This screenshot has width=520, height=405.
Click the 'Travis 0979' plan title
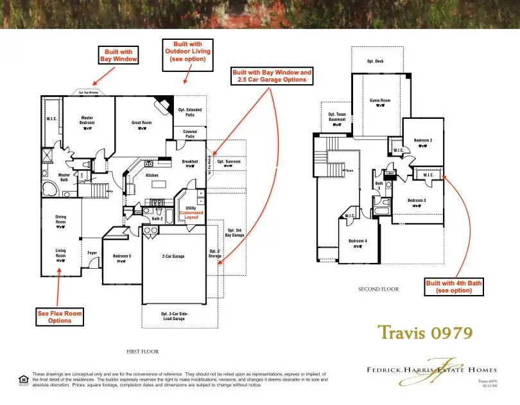click(x=425, y=332)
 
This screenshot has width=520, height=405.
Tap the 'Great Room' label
click(x=141, y=122)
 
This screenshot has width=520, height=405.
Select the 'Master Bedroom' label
click(x=87, y=121)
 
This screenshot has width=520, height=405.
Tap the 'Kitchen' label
click(x=152, y=175)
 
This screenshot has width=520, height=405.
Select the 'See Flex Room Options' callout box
click(x=60, y=316)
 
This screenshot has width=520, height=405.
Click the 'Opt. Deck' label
click(x=375, y=61)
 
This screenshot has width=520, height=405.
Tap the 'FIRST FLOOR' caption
click(x=143, y=352)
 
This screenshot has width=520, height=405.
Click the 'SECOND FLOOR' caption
click(x=378, y=289)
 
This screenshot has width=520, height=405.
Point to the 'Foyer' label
click(x=92, y=253)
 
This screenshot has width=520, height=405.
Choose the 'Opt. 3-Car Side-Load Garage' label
click(x=174, y=316)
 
